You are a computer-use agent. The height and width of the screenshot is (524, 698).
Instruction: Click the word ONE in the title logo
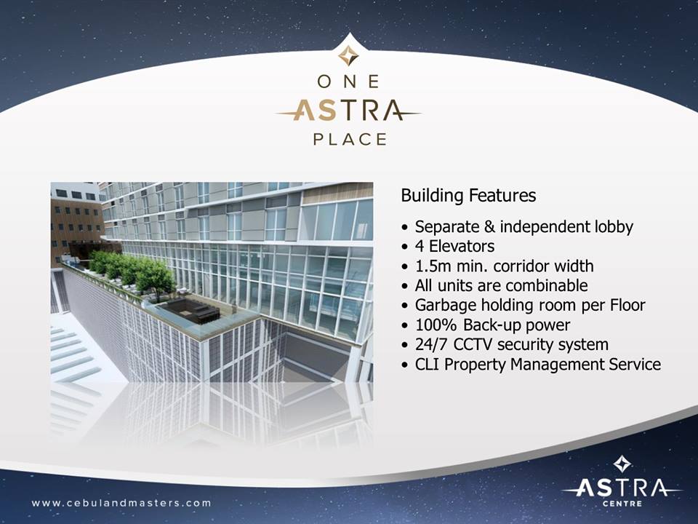[348, 82]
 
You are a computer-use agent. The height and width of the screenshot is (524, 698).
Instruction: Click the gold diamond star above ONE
[348, 56]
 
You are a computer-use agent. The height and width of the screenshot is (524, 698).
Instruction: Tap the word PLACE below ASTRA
[350, 139]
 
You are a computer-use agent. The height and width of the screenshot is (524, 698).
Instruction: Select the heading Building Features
[468, 196]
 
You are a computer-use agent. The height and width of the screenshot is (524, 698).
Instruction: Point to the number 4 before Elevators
[420, 247]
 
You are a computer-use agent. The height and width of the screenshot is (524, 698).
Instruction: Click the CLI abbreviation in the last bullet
[428, 364]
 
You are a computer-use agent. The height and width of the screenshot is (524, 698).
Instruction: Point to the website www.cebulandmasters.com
[121, 503]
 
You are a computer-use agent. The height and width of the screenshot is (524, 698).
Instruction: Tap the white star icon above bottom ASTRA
[622, 464]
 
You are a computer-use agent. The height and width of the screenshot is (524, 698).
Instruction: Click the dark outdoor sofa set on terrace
[190, 310]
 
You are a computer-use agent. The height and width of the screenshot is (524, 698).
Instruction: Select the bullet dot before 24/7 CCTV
[404, 345]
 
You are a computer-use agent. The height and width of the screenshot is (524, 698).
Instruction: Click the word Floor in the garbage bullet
[627, 305]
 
